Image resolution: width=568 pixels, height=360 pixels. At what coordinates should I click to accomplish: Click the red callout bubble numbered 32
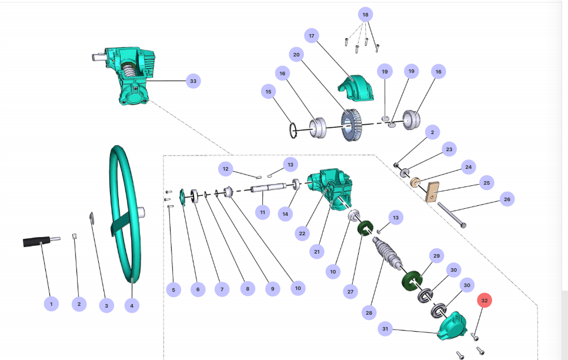(x=484, y=301)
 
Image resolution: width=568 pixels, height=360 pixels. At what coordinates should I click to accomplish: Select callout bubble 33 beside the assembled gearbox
(x=193, y=81)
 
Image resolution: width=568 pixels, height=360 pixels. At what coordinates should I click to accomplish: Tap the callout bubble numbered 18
(x=365, y=14)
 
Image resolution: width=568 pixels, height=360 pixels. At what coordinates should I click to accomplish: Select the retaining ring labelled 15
(x=294, y=129)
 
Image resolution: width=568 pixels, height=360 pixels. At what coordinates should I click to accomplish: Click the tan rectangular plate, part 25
(x=434, y=191)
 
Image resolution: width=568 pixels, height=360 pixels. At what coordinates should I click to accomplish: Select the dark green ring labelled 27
(x=367, y=226)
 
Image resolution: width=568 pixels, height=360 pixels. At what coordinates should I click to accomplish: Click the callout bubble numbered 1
(x=51, y=304)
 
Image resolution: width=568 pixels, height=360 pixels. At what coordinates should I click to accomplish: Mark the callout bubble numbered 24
(x=468, y=167)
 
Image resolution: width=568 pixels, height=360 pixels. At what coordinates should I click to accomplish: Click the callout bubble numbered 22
(x=302, y=234)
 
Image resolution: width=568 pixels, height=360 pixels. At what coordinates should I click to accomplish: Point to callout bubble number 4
(x=132, y=305)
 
